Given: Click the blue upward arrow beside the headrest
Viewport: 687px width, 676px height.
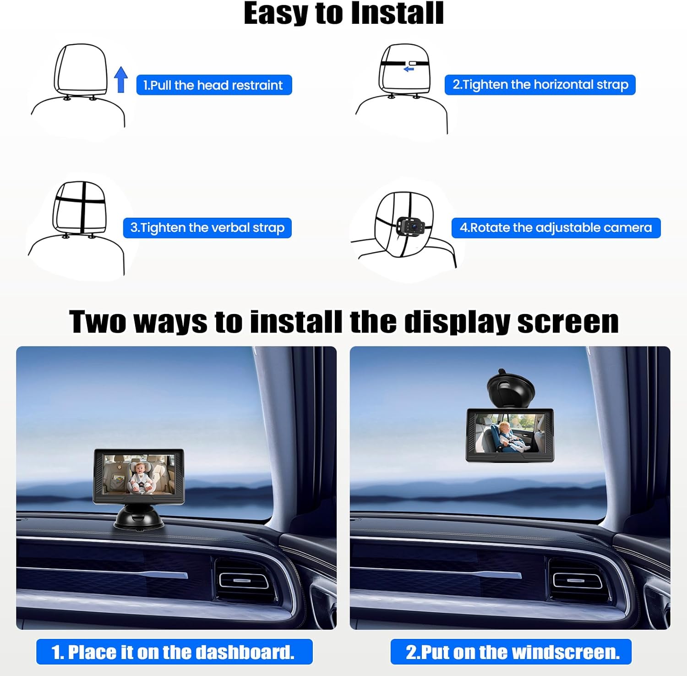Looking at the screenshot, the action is [x=121, y=80].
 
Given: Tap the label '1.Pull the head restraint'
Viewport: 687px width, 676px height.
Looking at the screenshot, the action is [x=214, y=85].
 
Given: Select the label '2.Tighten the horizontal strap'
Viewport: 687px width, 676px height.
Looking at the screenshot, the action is [x=540, y=85].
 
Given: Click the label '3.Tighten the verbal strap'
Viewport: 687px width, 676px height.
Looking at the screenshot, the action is [x=207, y=228].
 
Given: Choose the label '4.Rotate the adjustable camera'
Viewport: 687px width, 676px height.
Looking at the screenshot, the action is [x=556, y=228].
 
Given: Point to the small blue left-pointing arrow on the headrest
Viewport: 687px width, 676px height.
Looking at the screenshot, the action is [x=409, y=69].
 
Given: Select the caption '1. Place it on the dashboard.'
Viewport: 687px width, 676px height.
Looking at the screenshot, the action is [x=174, y=652].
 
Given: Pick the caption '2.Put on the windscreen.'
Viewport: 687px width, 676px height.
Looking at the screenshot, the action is [x=511, y=652].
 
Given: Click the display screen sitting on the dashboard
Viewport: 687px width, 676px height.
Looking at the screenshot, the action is [x=139, y=477].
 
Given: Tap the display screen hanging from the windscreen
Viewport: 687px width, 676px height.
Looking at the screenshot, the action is [x=510, y=434].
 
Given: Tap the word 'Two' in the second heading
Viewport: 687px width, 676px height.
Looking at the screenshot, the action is [x=98, y=322].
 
